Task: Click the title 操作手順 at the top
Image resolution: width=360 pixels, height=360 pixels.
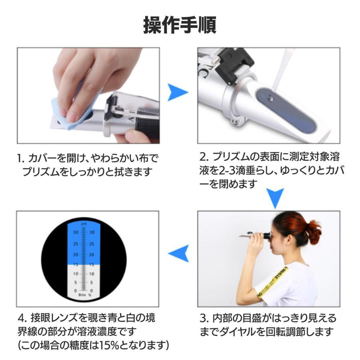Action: click(x=180, y=25)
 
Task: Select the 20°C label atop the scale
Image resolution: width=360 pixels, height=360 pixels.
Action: click(x=84, y=224)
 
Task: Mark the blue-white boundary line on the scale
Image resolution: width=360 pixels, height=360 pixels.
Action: click(x=84, y=264)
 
